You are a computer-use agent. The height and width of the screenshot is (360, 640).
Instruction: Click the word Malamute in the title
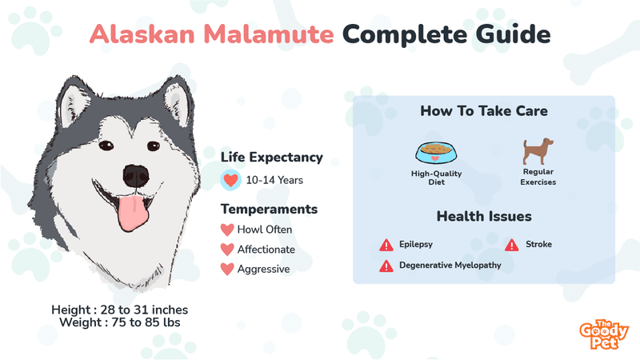tap(269, 34)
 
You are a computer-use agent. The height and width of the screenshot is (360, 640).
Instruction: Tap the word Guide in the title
tap(513, 34)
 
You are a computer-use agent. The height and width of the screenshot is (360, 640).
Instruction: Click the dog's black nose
tap(136, 176)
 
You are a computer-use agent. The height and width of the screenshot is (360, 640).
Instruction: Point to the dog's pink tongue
tap(132, 212)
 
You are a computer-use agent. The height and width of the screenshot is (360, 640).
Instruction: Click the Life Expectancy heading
tap(272, 157)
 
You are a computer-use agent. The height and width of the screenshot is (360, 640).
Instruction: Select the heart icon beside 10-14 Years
tap(230, 180)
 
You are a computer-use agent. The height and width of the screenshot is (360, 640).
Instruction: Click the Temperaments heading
tap(269, 209)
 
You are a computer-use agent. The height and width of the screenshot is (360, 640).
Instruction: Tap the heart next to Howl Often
tap(227, 230)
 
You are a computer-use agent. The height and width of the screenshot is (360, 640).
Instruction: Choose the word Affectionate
tap(266, 250)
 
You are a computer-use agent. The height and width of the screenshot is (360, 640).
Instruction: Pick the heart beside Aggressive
tap(227, 269)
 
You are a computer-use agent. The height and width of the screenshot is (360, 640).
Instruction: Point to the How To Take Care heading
tap(484, 111)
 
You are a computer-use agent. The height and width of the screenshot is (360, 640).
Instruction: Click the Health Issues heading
tap(484, 216)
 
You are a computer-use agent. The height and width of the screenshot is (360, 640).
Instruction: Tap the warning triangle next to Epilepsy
tap(386, 245)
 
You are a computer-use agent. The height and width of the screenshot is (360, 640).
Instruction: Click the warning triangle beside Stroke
tap(511, 245)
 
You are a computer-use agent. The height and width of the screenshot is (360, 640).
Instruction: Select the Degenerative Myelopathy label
tap(450, 266)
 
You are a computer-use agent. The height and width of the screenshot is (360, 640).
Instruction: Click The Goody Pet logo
tap(604, 334)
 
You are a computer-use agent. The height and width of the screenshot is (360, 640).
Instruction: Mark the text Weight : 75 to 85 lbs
tap(119, 322)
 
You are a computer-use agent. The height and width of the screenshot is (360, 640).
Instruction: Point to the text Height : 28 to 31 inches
tap(119, 310)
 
